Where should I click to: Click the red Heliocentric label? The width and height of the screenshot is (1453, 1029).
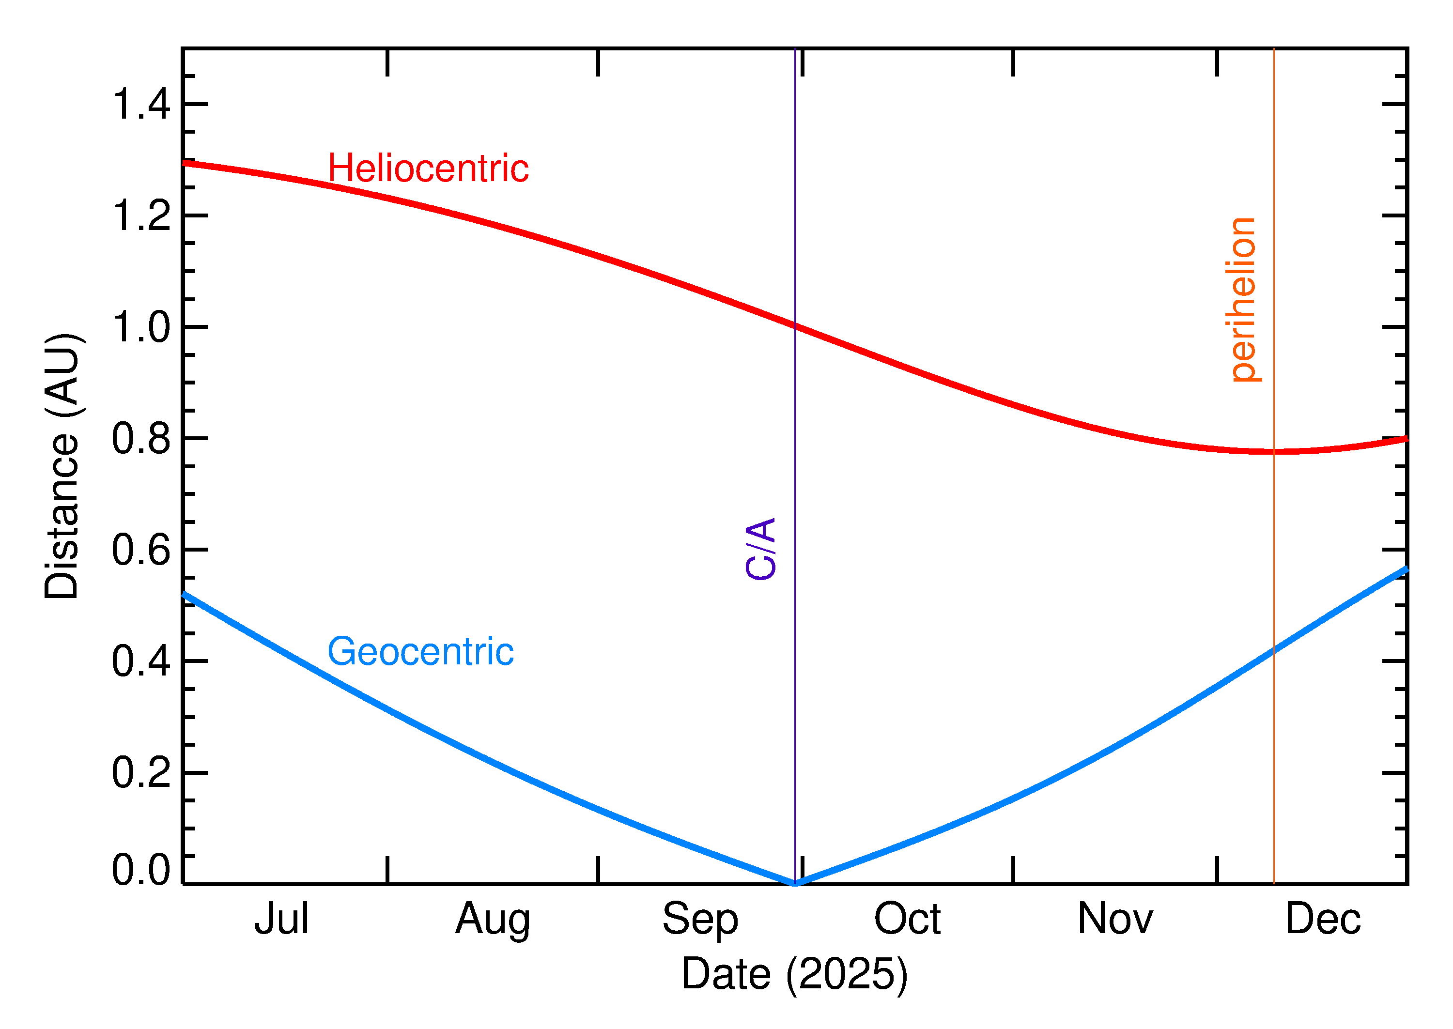pos(428,169)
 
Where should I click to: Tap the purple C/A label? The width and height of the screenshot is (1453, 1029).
pos(761,549)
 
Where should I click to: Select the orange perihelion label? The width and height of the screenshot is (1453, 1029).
pos(1243,300)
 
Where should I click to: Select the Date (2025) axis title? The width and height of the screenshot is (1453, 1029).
pos(794,974)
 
